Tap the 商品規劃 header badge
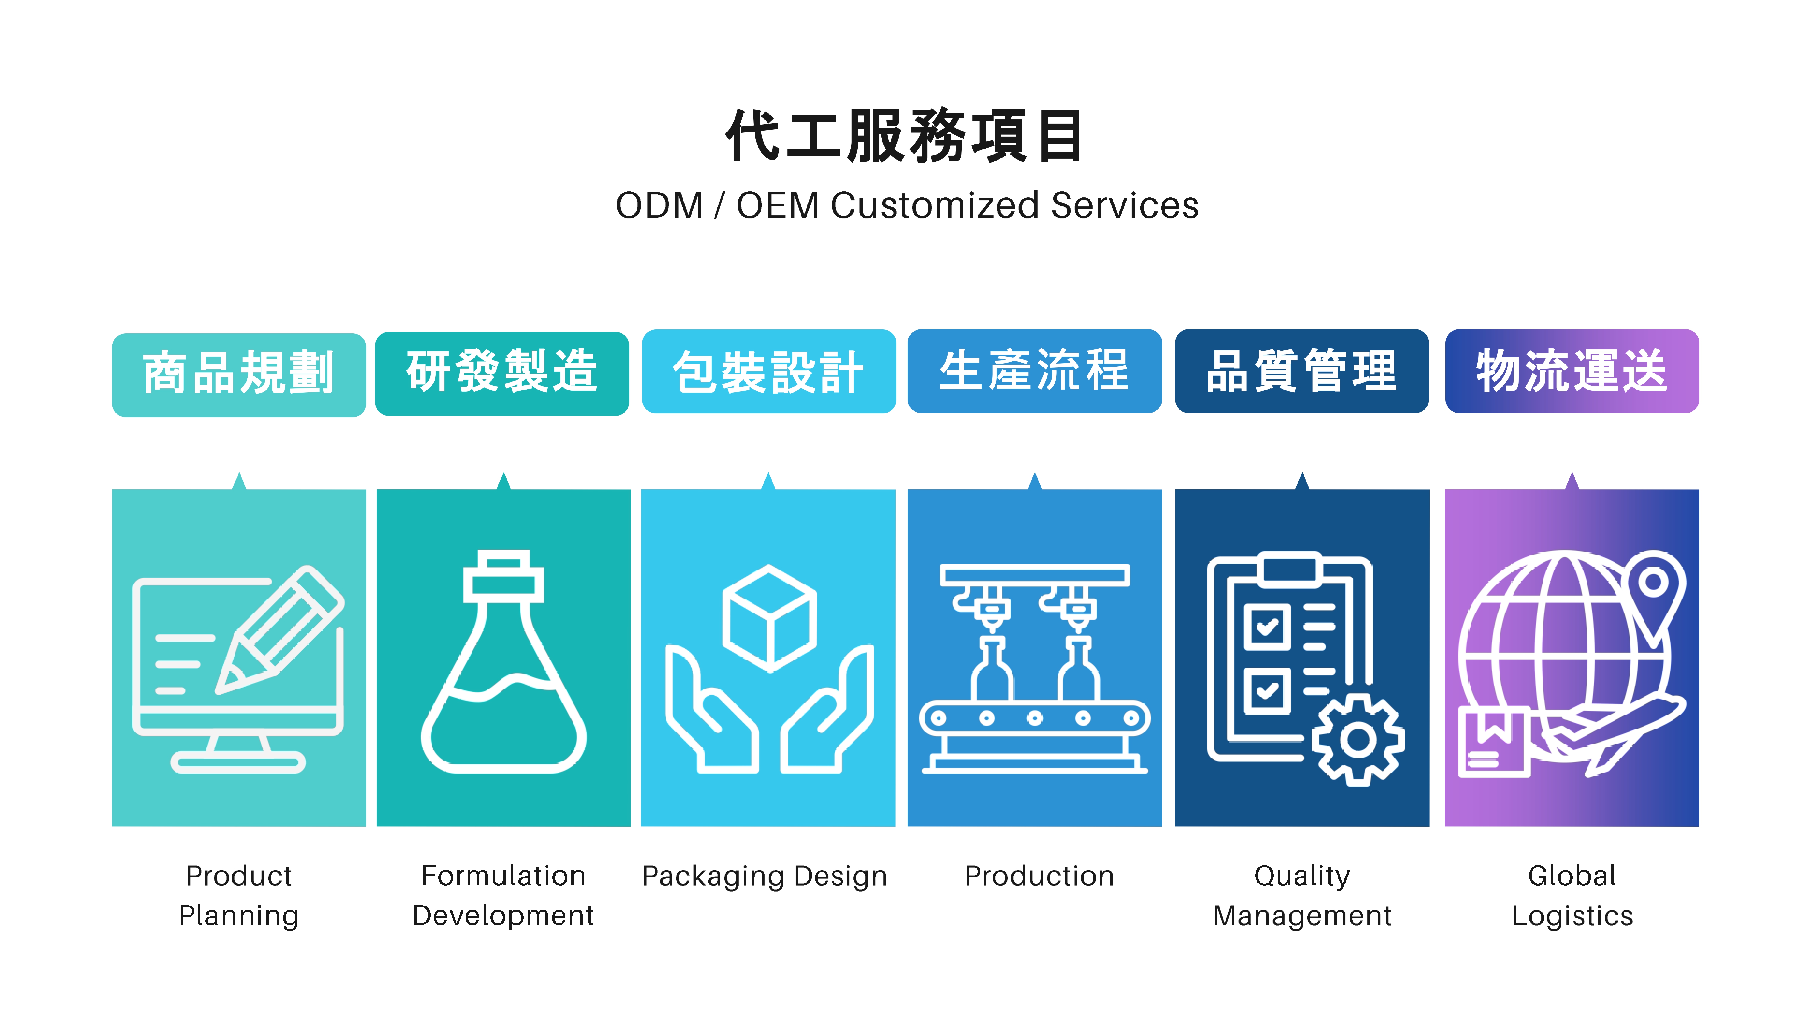click(x=239, y=375)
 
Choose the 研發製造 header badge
click(x=502, y=373)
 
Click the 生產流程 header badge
click(x=1034, y=371)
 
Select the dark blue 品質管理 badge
click(x=1302, y=371)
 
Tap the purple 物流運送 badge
click(x=1572, y=371)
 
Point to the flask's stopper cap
click(x=504, y=578)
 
